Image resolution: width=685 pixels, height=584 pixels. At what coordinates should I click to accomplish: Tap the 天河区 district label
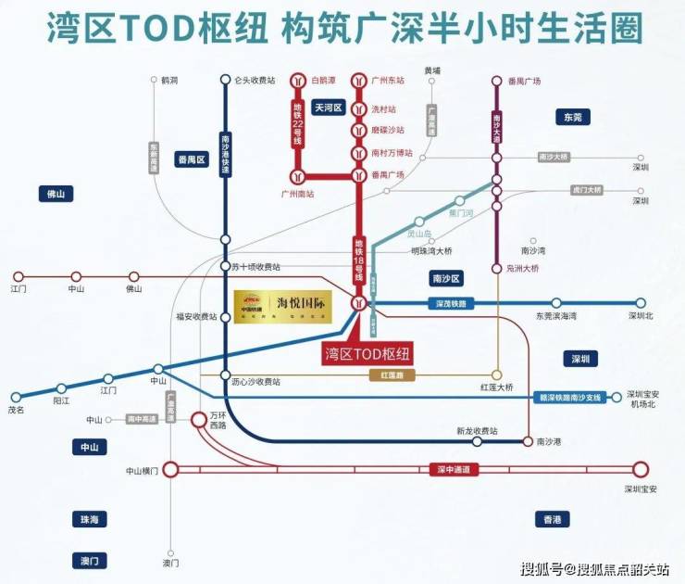click(327, 108)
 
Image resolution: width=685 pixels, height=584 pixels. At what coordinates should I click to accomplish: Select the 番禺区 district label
click(192, 159)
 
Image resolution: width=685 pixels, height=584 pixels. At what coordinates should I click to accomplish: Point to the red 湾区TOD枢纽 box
click(367, 352)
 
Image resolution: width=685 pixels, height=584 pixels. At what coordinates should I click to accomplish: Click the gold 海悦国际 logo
click(282, 307)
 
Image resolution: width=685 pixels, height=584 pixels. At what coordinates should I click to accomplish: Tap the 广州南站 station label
click(297, 194)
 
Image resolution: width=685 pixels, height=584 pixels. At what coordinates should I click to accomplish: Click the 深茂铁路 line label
click(453, 303)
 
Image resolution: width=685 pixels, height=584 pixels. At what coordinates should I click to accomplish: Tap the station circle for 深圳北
click(640, 302)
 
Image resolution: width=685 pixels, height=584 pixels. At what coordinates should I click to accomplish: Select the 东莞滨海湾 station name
click(556, 316)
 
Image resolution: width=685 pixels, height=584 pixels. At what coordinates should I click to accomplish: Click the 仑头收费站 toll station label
click(255, 80)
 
